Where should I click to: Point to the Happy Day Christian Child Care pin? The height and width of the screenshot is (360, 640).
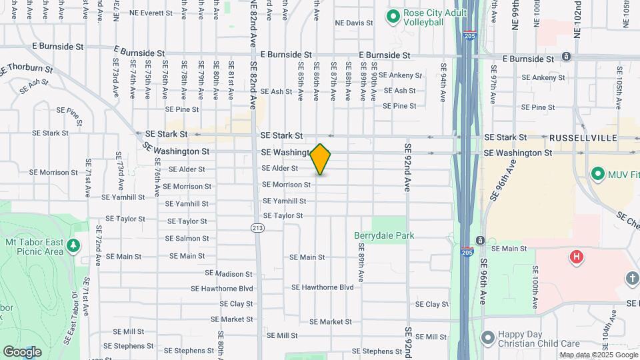[x=488, y=338]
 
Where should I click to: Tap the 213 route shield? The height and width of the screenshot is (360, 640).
[x=257, y=228]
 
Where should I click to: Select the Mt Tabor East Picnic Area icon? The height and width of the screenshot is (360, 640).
[x=73, y=245]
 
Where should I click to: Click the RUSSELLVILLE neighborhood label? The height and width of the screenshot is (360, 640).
[x=583, y=137]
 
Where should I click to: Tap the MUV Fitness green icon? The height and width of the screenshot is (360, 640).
[x=598, y=174]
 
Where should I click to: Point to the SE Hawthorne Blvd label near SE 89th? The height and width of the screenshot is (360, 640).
[x=322, y=287]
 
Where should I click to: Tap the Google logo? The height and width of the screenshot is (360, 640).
[x=22, y=351]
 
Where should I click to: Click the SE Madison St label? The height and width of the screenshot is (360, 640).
[x=229, y=273]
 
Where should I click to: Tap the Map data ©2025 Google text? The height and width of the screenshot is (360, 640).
[x=598, y=355]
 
